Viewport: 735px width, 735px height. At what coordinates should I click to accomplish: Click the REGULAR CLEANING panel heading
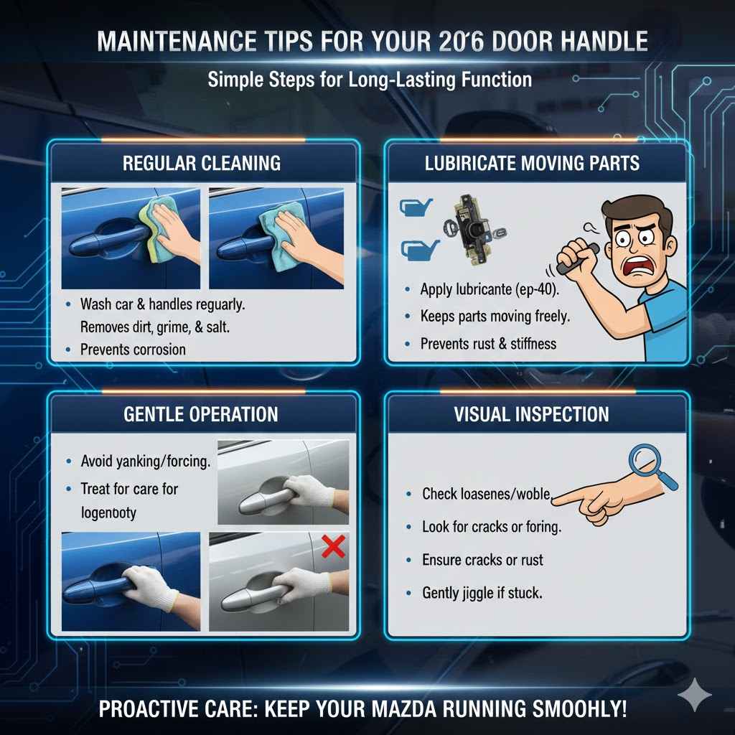(202, 162)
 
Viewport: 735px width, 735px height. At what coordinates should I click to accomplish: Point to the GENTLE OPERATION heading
(202, 414)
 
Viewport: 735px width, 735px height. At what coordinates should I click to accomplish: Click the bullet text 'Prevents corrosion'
(133, 350)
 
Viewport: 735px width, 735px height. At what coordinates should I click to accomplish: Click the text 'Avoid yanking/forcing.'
(146, 462)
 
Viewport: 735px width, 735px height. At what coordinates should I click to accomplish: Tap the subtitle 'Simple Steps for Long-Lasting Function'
(370, 79)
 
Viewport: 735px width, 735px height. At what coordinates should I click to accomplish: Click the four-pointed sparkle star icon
(695, 695)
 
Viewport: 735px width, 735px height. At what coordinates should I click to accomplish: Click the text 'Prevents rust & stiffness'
(488, 343)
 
